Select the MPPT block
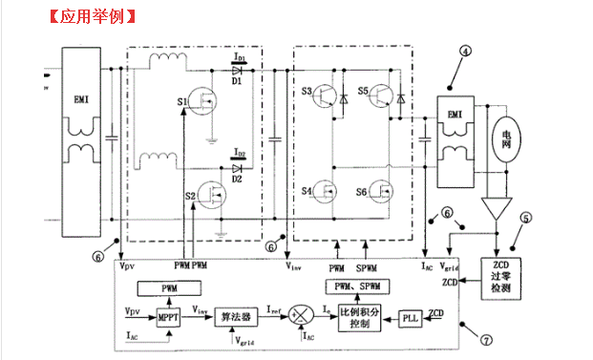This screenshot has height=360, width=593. (x=168, y=317)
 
